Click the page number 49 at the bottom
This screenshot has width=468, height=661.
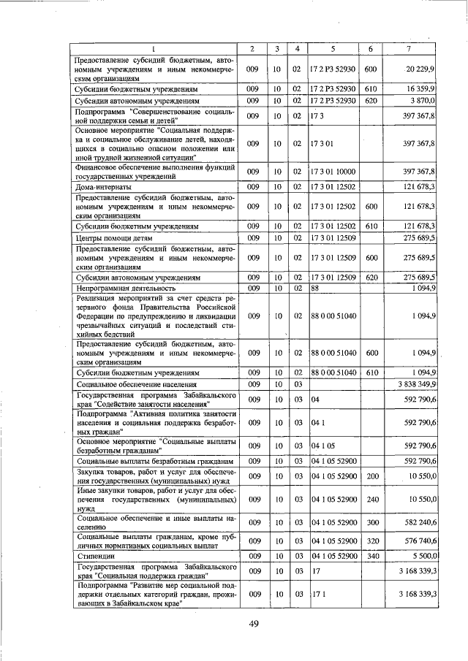(254, 622)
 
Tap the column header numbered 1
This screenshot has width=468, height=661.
(154, 49)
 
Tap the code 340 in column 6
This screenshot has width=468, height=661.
(370, 556)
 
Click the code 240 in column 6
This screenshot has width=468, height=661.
(370, 499)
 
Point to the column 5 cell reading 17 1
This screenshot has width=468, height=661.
(317, 595)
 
